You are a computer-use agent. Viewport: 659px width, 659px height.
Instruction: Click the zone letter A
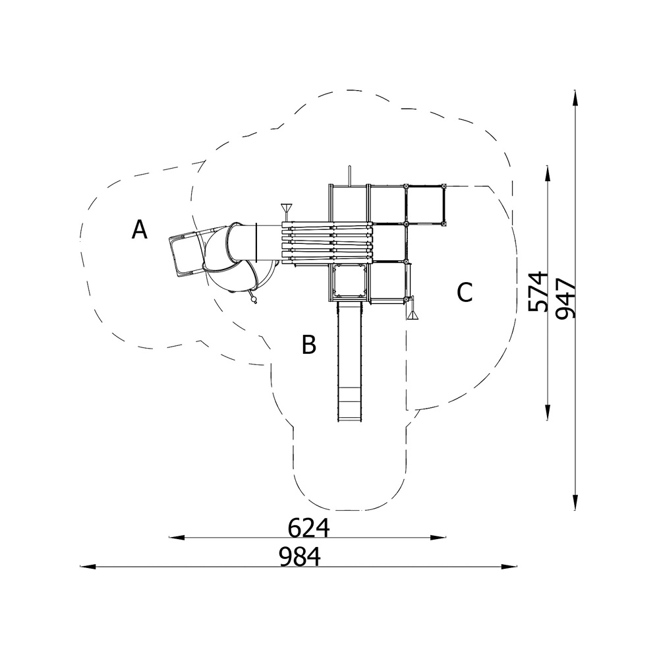(140, 229)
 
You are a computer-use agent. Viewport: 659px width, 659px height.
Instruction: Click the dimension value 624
(309, 528)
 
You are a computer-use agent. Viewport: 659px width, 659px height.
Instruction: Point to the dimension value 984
(300, 558)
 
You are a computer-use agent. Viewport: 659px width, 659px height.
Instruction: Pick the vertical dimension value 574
(538, 292)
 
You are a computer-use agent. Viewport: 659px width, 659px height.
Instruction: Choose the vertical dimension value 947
(565, 299)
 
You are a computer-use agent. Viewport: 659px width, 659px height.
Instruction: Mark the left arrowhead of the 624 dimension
(177, 537)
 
